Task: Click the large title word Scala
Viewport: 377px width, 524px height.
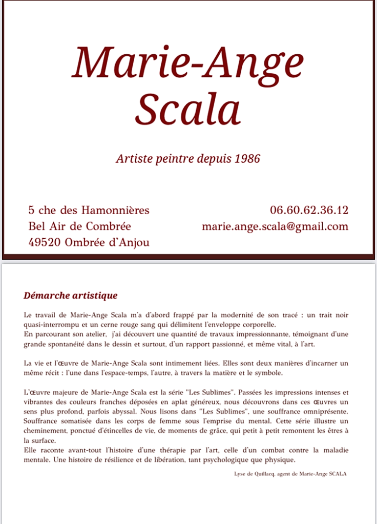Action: (187, 109)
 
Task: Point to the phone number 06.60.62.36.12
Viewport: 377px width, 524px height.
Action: (309, 210)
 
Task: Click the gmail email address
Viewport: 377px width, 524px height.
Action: (275, 226)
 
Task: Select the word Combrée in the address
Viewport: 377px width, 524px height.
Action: (108, 226)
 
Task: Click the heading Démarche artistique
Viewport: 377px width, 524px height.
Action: (71, 296)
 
